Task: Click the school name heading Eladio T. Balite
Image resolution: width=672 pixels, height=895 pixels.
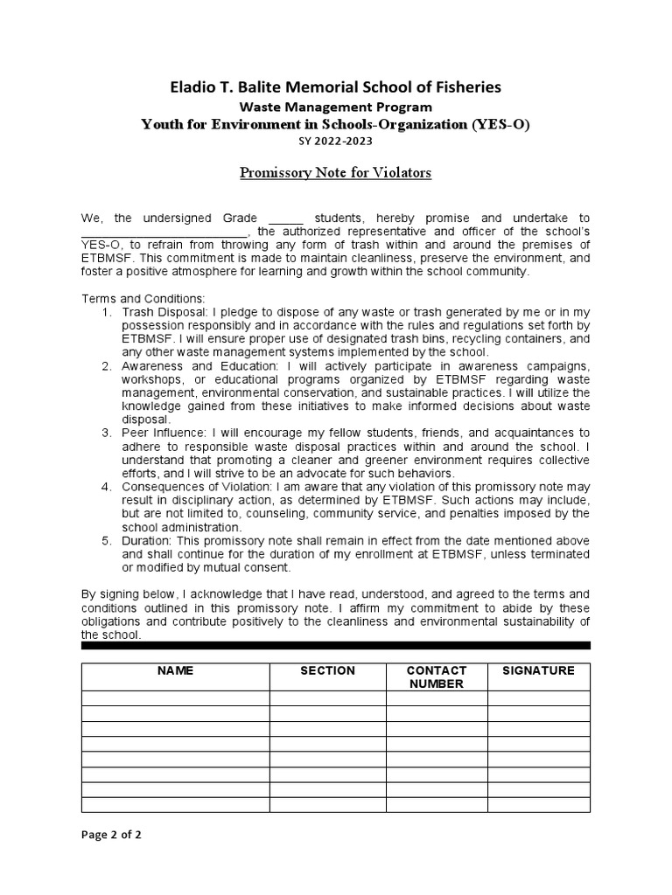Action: (x=335, y=87)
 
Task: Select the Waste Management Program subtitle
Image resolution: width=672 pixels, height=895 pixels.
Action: (x=335, y=107)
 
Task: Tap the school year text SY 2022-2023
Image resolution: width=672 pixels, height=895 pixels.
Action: (x=335, y=141)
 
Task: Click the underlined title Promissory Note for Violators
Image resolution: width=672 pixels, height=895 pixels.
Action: (x=335, y=172)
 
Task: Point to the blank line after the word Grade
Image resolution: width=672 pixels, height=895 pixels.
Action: (x=285, y=219)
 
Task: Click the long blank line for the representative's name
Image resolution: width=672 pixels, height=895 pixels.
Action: (x=164, y=232)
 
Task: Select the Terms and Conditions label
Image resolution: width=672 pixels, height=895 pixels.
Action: (x=130, y=298)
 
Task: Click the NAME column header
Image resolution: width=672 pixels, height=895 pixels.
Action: (x=175, y=671)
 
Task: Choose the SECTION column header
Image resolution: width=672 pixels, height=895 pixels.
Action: (x=327, y=671)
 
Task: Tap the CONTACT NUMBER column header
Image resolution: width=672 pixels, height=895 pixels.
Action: (x=437, y=677)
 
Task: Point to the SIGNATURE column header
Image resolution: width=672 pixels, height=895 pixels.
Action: (x=538, y=671)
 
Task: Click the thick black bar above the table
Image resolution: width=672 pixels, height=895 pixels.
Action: (x=335, y=646)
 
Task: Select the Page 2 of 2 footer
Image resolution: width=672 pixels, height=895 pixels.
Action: (x=111, y=835)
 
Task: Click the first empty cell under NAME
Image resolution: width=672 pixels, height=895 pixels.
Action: (x=175, y=698)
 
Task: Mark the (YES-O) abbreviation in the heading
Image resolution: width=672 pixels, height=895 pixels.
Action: (x=500, y=124)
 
